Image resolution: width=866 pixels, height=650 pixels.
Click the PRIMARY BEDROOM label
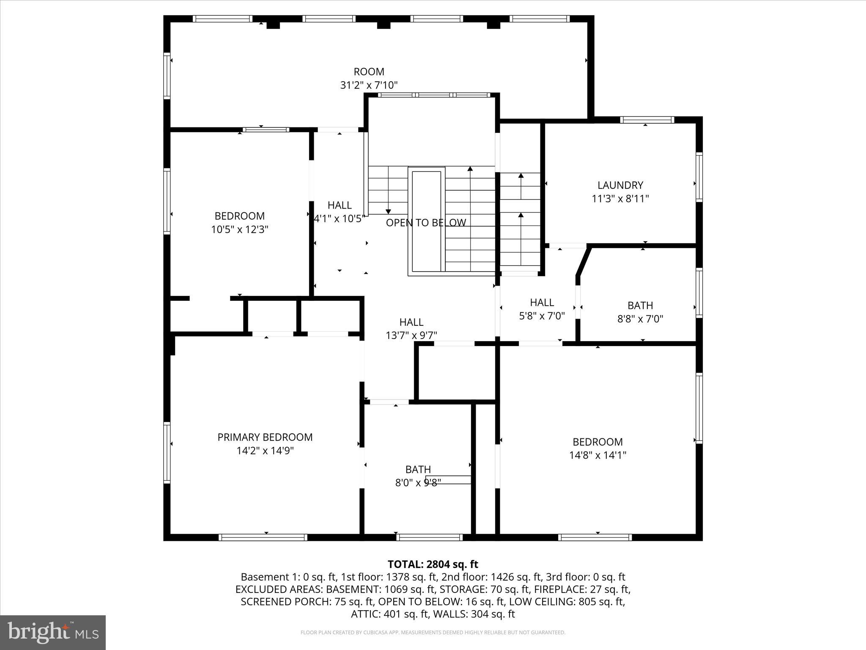[x=265, y=437]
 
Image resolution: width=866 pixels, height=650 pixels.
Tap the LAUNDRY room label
[x=620, y=185]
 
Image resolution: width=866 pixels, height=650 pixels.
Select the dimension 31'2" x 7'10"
[x=369, y=85]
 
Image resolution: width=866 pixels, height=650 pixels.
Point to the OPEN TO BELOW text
[x=426, y=223]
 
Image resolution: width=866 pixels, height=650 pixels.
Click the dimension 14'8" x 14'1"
[x=597, y=455]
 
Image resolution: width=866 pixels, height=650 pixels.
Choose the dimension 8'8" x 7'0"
[x=640, y=319]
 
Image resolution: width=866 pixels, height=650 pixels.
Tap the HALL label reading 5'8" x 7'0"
[x=542, y=303]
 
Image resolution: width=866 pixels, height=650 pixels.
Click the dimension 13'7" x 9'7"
[x=411, y=335]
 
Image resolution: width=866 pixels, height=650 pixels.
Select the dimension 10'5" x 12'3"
[x=240, y=229]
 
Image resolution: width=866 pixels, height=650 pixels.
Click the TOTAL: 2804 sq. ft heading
[x=433, y=564]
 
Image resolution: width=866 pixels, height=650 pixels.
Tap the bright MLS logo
[x=53, y=633]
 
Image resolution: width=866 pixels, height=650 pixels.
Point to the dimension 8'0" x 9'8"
[x=418, y=482]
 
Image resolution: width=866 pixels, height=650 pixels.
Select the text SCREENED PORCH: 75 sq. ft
[x=307, y=601]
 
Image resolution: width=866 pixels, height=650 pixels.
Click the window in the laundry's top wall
[x=647, y=120]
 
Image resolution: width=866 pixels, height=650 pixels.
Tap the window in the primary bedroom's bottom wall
[x=263, y=537]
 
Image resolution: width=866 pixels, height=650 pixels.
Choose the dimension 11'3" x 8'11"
[x=620, y=198]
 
